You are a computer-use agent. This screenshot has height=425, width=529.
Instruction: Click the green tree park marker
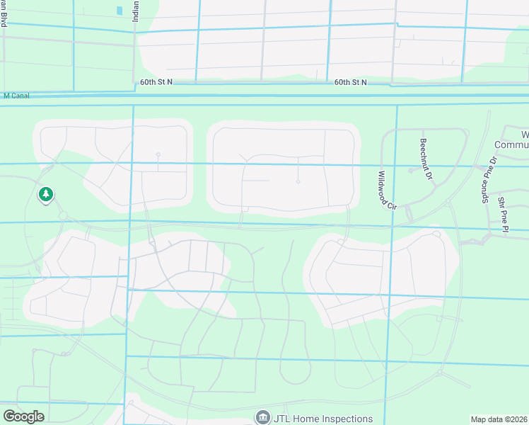coord(46,193)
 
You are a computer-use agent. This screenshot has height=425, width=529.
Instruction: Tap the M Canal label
coord(16,96)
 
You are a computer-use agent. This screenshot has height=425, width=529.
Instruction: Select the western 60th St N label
coord(156,82)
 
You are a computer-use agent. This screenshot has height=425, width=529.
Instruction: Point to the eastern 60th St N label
coord(351,82)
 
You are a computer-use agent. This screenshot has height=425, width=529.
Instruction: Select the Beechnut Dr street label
coord(425,157)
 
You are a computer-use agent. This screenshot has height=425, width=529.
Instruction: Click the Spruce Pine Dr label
coord(485,177)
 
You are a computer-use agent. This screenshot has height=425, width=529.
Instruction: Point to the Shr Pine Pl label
coord(503,210)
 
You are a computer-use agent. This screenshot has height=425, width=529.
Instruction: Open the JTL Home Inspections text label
coord(323,419)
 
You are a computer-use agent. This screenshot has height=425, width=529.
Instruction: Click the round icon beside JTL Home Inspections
coord(263,418)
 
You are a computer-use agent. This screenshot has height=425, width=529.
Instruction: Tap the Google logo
coord(23,416)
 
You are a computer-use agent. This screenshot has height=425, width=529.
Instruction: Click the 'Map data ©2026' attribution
coord(499,419)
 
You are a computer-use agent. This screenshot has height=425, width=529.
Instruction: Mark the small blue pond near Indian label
coord(120,11)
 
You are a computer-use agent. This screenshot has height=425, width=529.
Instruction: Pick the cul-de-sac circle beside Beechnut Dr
coord(411,170)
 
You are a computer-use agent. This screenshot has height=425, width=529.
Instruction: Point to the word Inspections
coord(344,419)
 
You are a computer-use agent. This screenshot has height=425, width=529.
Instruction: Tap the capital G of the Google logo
coord(9,416)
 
